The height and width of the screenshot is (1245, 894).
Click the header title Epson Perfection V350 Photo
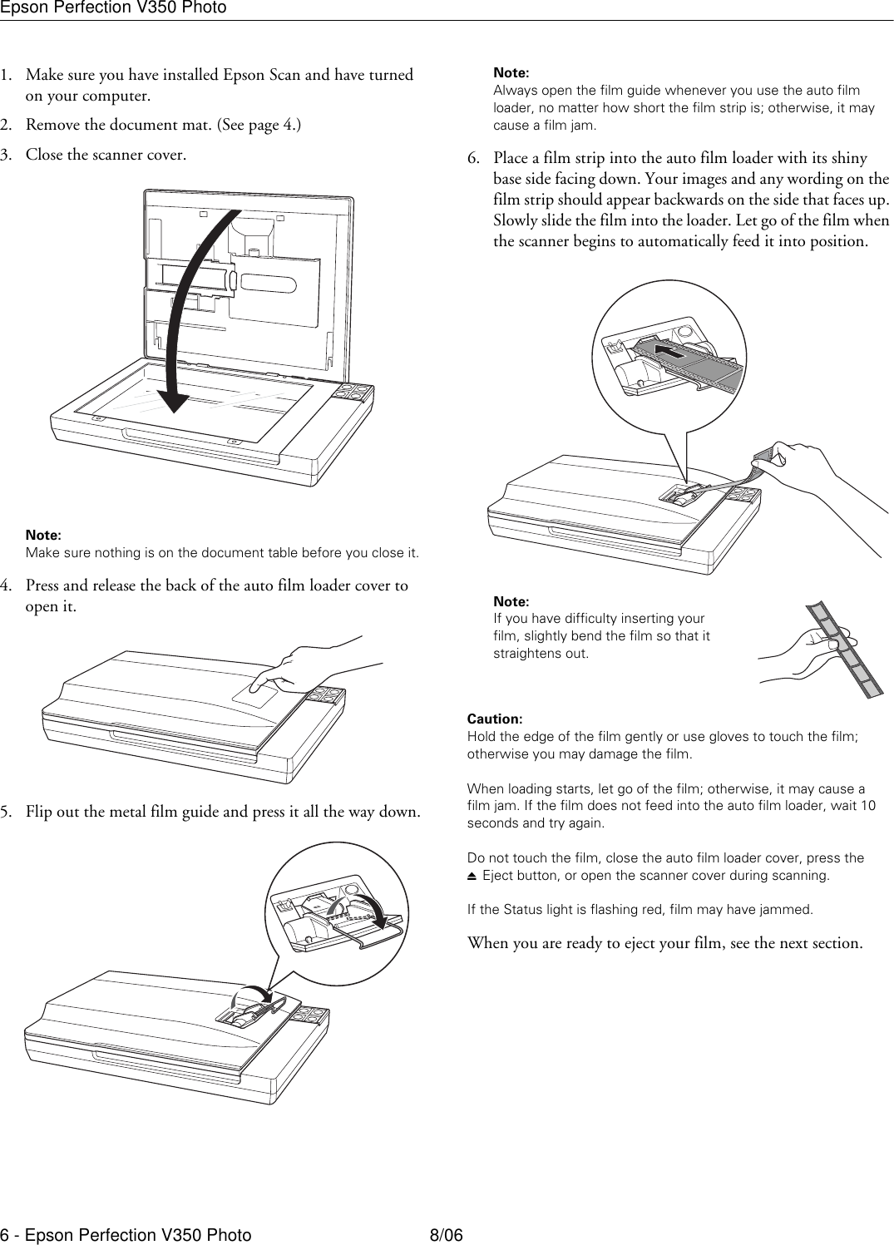coord(113,8)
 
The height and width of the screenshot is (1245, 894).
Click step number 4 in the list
coord(7,585)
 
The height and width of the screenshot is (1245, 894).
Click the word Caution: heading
coord(495,719)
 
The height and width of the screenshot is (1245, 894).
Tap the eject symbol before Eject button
coord(472,877)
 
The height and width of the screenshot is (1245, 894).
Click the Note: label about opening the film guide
coord(511,73)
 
